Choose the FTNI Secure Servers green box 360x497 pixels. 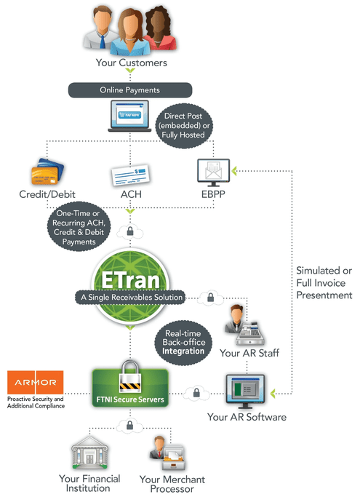130,389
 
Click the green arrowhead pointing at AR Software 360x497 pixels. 273,394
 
